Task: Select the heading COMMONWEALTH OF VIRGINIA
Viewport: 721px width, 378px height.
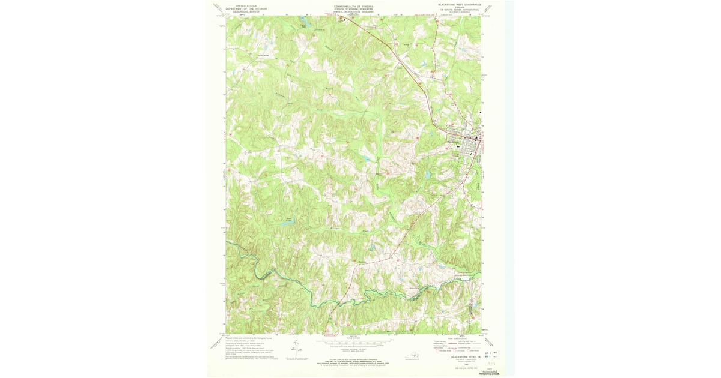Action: [353, 5]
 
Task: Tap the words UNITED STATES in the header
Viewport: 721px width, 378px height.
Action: [246, 5]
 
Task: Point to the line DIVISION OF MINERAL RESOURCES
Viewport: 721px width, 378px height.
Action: [353, 8]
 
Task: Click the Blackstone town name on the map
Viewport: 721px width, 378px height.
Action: [455, 142]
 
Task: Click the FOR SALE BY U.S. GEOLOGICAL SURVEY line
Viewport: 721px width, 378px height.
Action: [353, 362]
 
